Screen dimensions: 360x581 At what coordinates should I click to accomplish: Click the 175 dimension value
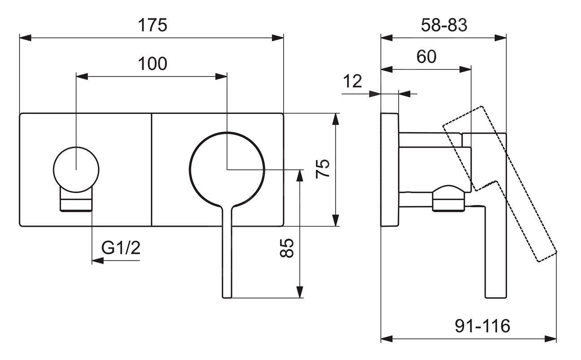pyautogui.click(x=152, y=25)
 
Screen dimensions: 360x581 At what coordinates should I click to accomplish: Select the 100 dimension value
pyautogui.click(x=152, y=64)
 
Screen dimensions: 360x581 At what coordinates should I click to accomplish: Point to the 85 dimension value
pyautogui.click(x=288, y=248)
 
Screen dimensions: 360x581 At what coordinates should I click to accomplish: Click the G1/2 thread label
pyautogui.click(x=121, y=247)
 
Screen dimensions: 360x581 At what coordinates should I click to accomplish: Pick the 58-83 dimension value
pyautogui.click(x=444, y=25)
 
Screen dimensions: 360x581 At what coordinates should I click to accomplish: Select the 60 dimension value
pyautogui.click(x=426, y=57)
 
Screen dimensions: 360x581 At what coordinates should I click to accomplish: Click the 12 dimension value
pyautogui.click(x=352, y=81)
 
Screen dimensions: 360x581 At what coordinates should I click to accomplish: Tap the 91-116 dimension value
pyautogui.click(x=482, y=326)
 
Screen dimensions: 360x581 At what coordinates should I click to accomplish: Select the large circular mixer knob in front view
pyautogui.click(x=227, y=169)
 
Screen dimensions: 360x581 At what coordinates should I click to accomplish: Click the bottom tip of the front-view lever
pyautogui.click(x=227, y=295)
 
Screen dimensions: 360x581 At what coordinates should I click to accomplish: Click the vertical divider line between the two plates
pyautogui.click(x=152, y=169)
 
